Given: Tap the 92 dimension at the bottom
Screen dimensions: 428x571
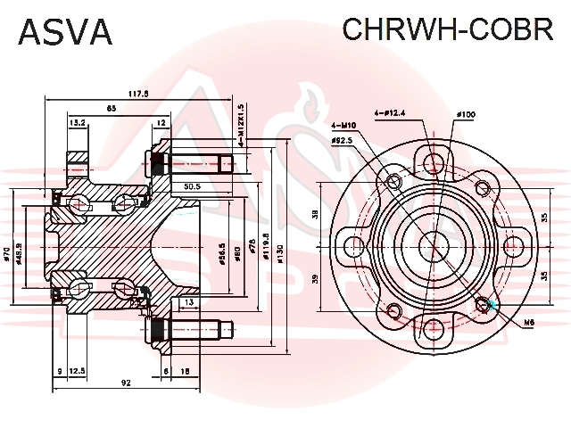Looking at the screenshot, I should (126, 383).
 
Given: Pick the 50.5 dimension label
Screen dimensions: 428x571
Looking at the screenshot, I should (191, 187).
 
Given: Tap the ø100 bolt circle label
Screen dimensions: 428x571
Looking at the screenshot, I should (466, 115).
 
